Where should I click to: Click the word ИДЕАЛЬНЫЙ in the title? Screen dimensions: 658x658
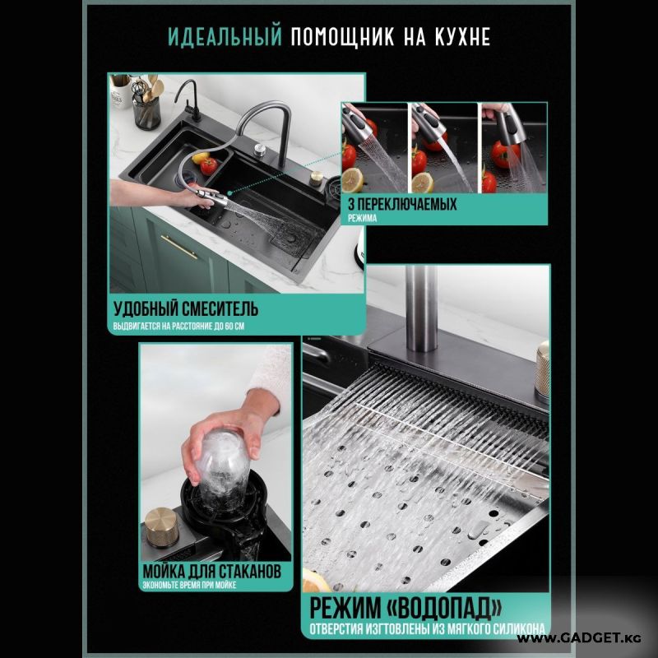[225, 37]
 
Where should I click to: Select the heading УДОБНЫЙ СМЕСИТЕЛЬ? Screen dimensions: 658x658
[186, 309]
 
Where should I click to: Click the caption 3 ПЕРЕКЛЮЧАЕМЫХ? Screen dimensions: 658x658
[402, 204]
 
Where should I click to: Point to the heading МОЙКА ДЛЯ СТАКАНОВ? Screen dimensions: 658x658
[212, 571]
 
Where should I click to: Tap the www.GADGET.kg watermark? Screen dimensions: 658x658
[579, 639]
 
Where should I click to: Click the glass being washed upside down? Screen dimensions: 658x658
[223, 466]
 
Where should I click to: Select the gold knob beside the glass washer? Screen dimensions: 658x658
[162, 527]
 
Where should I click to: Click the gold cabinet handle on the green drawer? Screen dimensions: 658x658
[178, 247]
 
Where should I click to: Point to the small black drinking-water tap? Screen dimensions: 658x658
[188, 100]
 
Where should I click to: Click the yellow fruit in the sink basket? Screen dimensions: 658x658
[201, 157]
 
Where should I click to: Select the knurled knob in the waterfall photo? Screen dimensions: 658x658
[543, 372]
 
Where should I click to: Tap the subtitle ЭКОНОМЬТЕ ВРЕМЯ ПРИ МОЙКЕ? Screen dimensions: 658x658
[189, 585]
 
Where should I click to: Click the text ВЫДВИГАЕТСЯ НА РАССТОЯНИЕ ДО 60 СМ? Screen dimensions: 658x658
[178, 326]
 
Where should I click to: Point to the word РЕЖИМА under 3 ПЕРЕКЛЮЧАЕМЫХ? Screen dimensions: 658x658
[362, 218]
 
